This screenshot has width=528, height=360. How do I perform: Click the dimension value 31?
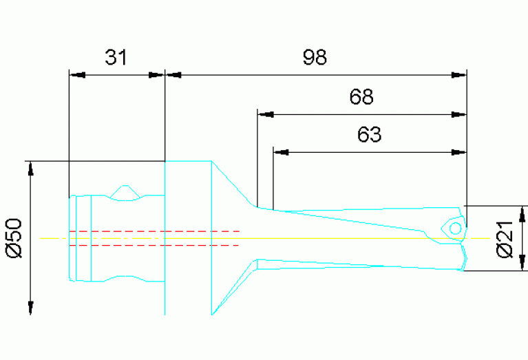116,57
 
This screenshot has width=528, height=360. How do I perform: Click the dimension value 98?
315,57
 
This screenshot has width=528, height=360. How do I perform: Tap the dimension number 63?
369,135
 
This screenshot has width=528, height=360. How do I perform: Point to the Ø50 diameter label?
14,237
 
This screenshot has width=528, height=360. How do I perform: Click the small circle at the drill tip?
455,228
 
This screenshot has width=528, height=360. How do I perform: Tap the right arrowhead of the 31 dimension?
158,74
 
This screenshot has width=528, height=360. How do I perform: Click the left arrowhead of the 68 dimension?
265,114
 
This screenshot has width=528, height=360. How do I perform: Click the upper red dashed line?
155,231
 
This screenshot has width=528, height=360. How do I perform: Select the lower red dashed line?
155,244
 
